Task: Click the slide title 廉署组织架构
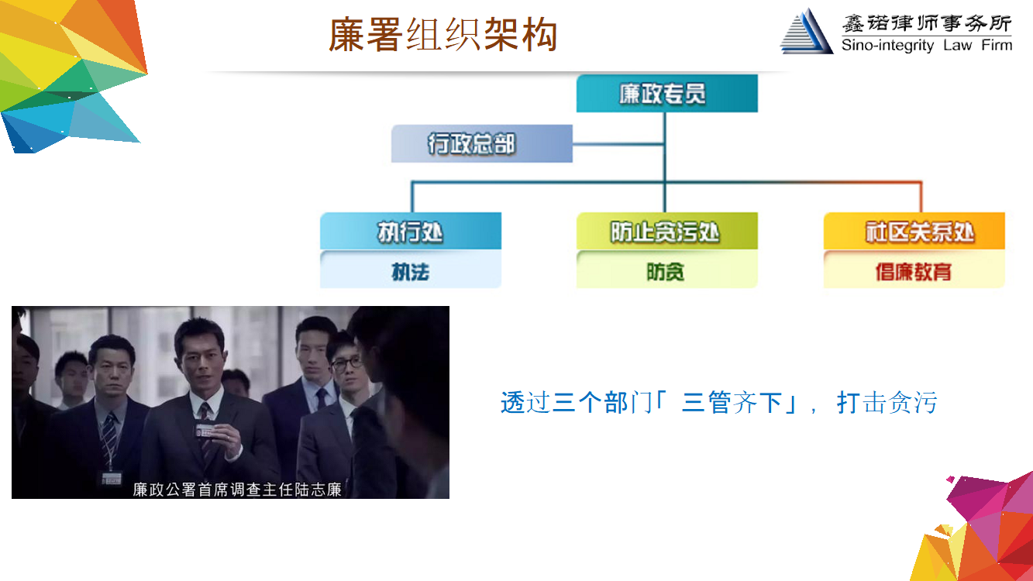[442, 34]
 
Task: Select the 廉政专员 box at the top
[666, 93]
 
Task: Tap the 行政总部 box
[482, 143]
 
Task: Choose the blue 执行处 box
[411, 231]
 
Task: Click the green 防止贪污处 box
[666, 231]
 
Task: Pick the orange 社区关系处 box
[914, 231]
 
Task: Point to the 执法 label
[411, 272]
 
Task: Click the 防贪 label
[665, 272]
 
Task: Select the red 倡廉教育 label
[913, 272]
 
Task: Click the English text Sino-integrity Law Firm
[927, 45]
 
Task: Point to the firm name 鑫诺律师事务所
[927, 23]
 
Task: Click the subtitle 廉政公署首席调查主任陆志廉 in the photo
[237, 490]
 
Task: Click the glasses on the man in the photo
[347, 364]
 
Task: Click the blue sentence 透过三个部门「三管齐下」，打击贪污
[718, 402]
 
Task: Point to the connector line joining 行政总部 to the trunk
[618, 144]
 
